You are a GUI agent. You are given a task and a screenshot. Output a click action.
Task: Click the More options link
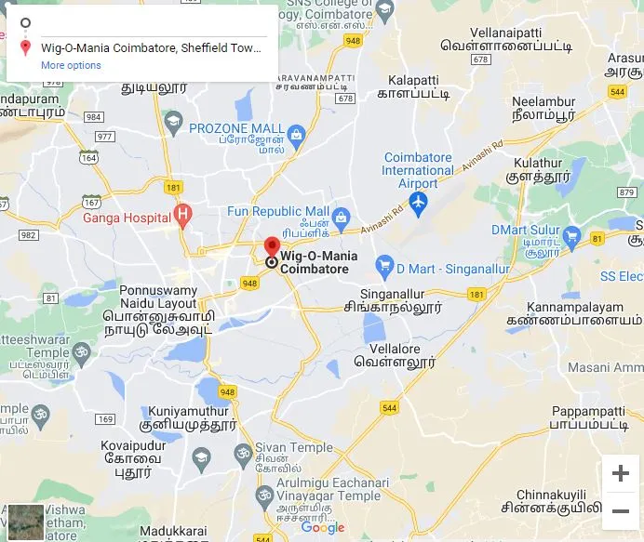(71, 65)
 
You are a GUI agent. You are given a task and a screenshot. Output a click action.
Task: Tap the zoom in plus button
(620, 473)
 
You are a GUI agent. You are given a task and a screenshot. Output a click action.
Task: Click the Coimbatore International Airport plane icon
(418, 202)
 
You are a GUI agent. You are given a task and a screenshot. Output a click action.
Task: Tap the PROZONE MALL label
(236, 127)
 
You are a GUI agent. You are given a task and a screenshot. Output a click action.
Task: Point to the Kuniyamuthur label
(186, 409)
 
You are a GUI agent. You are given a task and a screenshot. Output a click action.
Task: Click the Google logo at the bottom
(323, 528)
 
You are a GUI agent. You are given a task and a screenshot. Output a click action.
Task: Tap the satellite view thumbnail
(25, 522)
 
